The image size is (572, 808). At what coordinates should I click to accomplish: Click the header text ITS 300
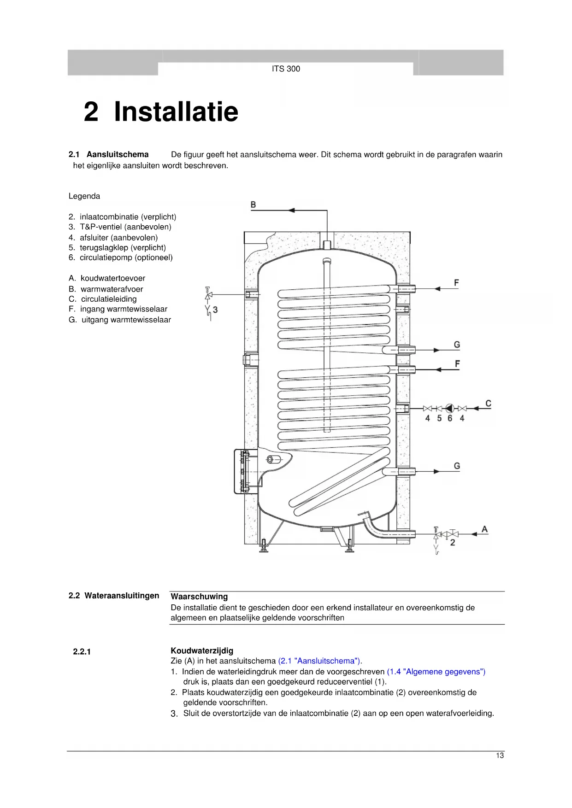286,69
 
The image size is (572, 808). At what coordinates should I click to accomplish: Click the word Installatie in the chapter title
176,111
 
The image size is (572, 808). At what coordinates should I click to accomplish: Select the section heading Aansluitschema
117,154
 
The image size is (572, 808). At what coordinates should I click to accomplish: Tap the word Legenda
84,196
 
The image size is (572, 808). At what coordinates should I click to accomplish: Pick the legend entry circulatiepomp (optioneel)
126,258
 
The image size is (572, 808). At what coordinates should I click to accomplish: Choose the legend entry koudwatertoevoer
112,278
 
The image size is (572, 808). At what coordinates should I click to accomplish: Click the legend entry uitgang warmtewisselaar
126,320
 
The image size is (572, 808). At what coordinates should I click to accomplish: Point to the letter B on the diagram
253,205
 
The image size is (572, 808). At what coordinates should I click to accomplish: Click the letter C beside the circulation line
488,404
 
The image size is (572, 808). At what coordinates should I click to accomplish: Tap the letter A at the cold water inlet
484,529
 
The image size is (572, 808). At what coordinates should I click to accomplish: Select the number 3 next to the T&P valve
215,310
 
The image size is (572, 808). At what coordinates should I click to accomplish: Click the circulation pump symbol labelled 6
450,408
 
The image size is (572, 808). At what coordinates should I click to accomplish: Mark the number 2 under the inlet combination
452,543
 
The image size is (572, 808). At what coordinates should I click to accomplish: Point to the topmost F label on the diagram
456,282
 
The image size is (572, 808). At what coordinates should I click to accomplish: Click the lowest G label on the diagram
457,466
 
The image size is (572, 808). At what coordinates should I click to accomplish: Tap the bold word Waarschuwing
199,597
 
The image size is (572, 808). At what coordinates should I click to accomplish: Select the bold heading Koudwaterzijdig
202,651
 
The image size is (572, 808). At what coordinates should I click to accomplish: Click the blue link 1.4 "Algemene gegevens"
436,672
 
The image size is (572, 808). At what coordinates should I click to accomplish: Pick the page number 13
500,755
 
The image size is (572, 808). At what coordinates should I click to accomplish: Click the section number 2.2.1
82,651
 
